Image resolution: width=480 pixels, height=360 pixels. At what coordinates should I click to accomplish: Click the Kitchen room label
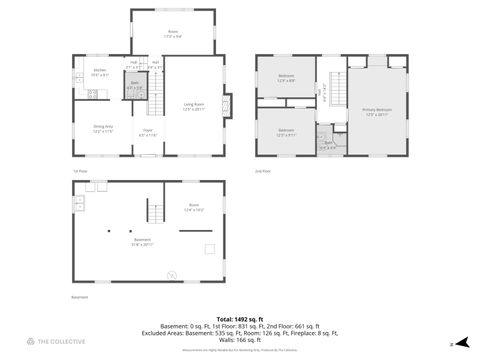[x=99, y=72]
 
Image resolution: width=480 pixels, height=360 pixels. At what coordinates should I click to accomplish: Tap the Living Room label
[x=193, y=106]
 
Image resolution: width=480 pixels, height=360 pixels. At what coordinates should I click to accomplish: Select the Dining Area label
[x=103, y=128]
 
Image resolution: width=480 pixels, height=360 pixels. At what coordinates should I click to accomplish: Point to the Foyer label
[x=147, y=133]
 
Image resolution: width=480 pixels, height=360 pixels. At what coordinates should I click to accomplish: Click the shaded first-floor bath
[x=134, y=87]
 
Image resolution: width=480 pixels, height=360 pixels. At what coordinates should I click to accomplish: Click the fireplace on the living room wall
[x=229, y=105]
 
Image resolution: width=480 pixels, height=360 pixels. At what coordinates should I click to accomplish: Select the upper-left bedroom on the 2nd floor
[x=286, y=78]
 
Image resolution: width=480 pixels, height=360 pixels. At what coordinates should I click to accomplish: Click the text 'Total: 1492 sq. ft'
[x=239, y=317]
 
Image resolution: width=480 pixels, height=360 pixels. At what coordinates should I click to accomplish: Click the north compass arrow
[x=463, y=342]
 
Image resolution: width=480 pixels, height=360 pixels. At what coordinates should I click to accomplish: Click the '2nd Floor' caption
[x=263, y=171]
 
